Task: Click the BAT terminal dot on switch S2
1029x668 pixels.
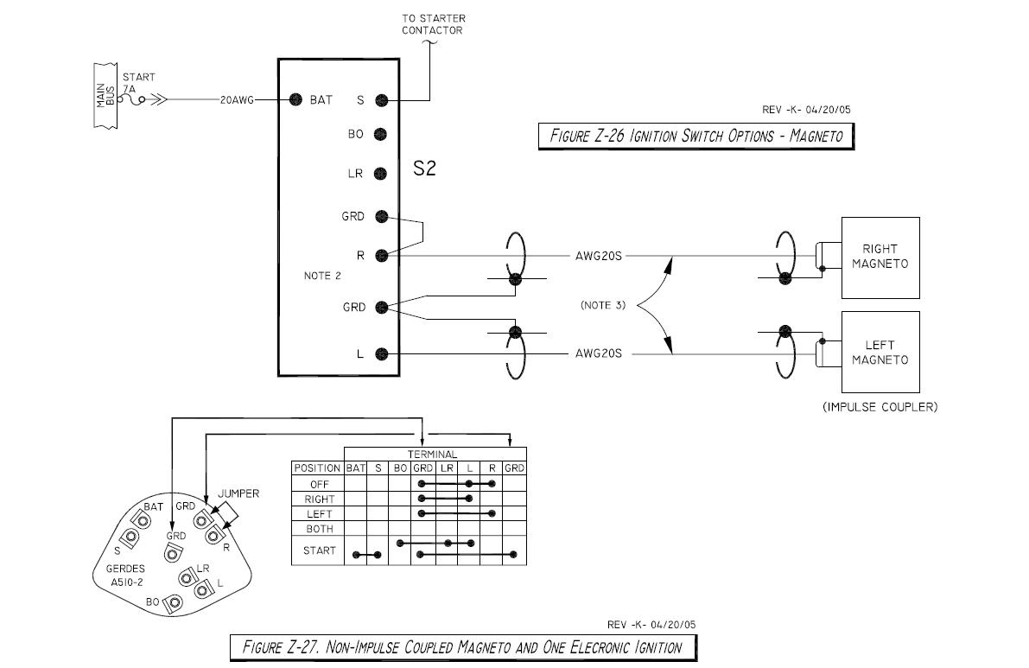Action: click(x=295, y=99)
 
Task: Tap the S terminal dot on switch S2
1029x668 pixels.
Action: click(x=380, y=99)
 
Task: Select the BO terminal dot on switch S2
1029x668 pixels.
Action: click(x=380, y=134)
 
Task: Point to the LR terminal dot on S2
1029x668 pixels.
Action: click(x=380, y=174)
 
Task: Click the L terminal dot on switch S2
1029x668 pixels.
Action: click(x=380, y=353)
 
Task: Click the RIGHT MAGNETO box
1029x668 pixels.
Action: click(x=880, y=258)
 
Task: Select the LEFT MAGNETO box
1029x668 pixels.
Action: click(x=880, y=353)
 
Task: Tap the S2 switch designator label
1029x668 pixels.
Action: click(x=424, y=169)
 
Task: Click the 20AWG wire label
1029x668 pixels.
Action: click(x=237, y=100)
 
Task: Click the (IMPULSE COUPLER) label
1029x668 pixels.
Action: click(x=880, y=407)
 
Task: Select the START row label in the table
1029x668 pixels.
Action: click(x=319, y=550)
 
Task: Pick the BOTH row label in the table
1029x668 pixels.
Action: click(x=319, y=528)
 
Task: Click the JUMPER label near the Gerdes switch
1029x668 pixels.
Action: click(x=238, y=493)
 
